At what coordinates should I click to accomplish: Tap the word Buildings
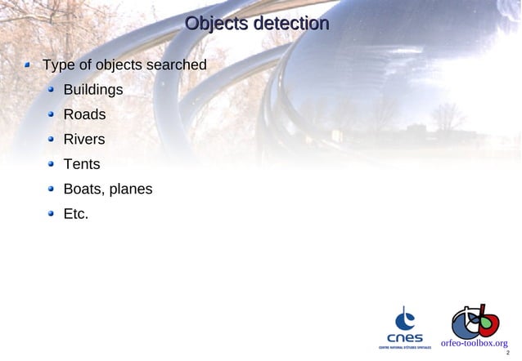pyautogui.click(x=93, y=89)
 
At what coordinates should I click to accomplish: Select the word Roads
pyautogui.click(x=84, y=114)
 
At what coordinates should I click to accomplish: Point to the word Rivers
pyautogui.click(x=84, y=140)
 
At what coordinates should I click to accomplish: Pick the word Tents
pyautogui.click(x=82, y=164)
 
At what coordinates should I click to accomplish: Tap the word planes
pyautogui.click(x=131, y=190)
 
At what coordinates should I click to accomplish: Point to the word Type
pyautogui.click(x=59, y=65)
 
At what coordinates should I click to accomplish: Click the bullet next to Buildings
pyautogui.click(x=51, y=90)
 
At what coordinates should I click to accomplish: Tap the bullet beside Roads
pyautogui.click(x=51, y=114)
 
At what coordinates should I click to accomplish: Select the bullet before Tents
pyautogui.click(x=51, y=164)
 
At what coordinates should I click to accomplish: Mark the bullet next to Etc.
pyautogui.click(x=51, y=215)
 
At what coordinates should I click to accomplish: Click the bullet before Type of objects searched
pyautogui.click(x=29, y=65)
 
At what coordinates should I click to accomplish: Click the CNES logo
pyautogui.click(x=404, y=328)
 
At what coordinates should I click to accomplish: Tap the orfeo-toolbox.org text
pyautogui.click(x=475, y=343)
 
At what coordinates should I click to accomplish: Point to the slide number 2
pyautogui.click(x=507, y=354)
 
